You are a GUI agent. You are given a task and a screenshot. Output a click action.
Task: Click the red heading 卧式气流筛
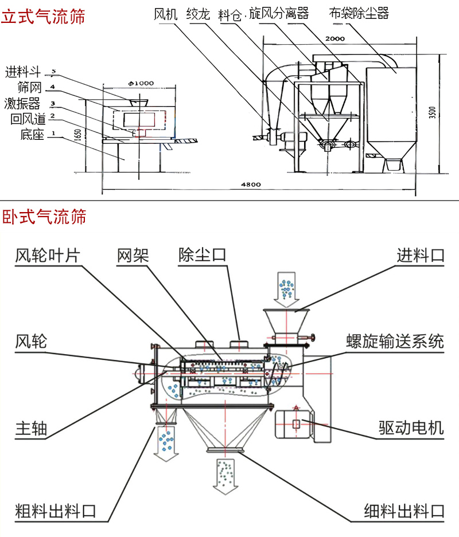pos(44,217)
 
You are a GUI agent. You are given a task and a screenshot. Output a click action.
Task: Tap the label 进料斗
pos(23,72)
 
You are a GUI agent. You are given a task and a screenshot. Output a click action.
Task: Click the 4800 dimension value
pos(251,185)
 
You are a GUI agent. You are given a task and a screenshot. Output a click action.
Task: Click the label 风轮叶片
pos(47,255)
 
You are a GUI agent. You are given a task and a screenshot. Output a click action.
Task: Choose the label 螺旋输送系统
pos(395,342)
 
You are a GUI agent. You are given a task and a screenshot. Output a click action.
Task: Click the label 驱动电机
pos(411,428)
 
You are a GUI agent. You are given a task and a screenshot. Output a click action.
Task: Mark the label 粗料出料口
pos(55,511)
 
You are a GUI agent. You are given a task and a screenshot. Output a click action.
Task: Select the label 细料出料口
pos(404,511)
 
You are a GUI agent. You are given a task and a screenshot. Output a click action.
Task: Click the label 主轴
pos(31,428)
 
